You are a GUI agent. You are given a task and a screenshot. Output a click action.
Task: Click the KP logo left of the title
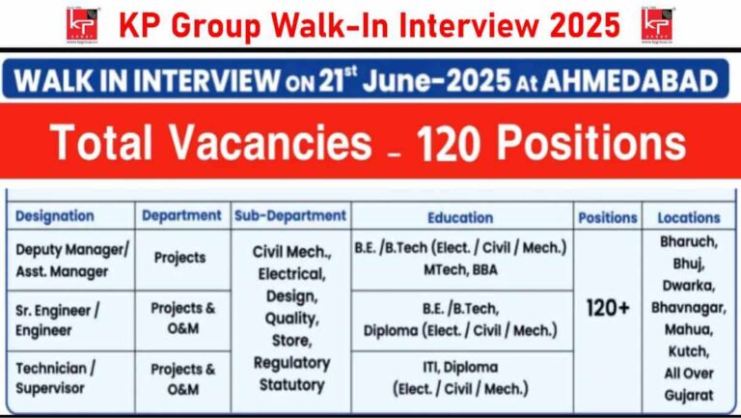pyautogui.click(x=83, y=25)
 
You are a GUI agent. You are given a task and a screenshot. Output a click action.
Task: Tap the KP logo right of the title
pyautogui.click(x=657, y=25)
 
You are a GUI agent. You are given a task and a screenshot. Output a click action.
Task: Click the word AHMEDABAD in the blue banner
pyautogui.click(x=630, y=80)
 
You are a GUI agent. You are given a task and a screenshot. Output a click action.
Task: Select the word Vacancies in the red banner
pyautogui.click(x=270, y=142)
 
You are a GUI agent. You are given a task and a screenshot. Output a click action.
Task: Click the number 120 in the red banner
pyautogui.click(x=452, y=142)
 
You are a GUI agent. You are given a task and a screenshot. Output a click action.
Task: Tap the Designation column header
pyautogui.click(x=55, y=216)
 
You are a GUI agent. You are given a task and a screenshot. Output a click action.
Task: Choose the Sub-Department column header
pyautogui.click(x=290, y=215)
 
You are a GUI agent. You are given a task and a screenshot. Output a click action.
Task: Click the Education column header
pyautogui.click(x=460, y=217)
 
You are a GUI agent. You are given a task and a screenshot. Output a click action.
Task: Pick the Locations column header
pyautogui.click(x=689, y=217)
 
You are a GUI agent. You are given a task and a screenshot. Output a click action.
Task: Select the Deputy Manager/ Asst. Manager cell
pyautogui.click(x=71, y=261)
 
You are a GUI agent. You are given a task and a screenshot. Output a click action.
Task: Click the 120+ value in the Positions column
pyautogui.click(x=608, y=308)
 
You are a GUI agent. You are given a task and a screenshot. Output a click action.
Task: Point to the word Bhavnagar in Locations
pyautogui.click(x=688, y=308)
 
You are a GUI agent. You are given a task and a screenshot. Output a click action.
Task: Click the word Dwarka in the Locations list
pyautogui.click(x=689, y=286)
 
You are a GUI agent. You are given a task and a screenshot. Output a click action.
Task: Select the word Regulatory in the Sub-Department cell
pyautogui.click(x=291, y=364)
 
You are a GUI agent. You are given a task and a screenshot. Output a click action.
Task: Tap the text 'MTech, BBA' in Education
pyautogui.click(x=460, y=270)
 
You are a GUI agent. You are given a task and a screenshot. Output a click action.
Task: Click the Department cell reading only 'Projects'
pyautogui.click(x=180, y=258)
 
